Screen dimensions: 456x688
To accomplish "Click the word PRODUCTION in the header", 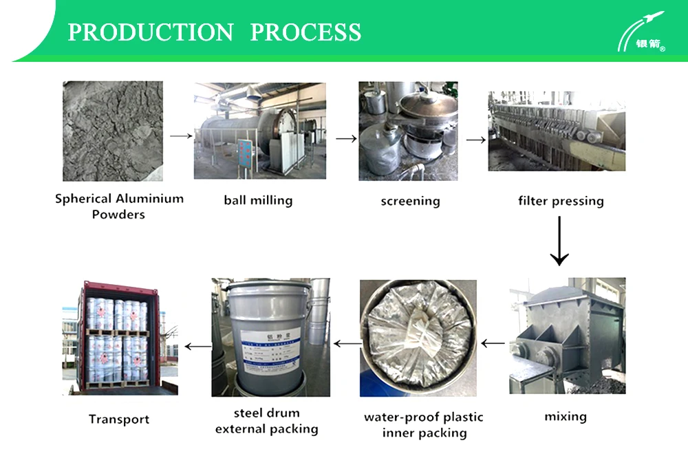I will [151, 32].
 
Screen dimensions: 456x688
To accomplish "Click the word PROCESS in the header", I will [305, 32].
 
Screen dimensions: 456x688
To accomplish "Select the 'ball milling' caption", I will [258, 201].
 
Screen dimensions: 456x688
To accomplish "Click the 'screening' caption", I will [410, 202].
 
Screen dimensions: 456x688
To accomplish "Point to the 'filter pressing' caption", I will [561, 202].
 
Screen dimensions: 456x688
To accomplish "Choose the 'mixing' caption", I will [566, 416].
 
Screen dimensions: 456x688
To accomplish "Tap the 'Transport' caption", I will [119, 419].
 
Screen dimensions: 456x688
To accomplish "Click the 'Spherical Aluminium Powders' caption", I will [119, 206].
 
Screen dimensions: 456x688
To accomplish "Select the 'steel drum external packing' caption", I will [266, 421].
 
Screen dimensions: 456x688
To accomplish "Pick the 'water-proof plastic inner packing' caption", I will [424, 424].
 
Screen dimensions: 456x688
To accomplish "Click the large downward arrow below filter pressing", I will [559, 241].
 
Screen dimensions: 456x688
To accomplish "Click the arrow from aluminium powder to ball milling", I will [180, 136].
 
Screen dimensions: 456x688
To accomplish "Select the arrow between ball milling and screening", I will [346, 138].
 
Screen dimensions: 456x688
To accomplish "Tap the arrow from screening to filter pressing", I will [475, 140].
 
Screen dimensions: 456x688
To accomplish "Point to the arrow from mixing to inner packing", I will [493, 342].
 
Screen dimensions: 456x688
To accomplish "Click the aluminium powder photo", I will [113, 131].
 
